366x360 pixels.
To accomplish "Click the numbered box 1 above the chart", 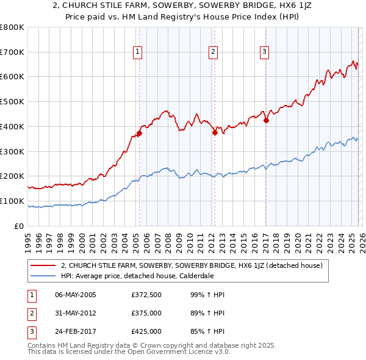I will (x=138, y=52).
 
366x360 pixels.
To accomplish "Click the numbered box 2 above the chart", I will (x=213, y=52).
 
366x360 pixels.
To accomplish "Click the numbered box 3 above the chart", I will (x=265, y=52).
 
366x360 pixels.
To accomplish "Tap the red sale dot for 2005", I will (x=139, y=133).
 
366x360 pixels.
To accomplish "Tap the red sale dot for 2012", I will (x=215, y=132).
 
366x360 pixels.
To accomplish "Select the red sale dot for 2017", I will (x=266, y=120).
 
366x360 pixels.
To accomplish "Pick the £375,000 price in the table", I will (x=146, y=313).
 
